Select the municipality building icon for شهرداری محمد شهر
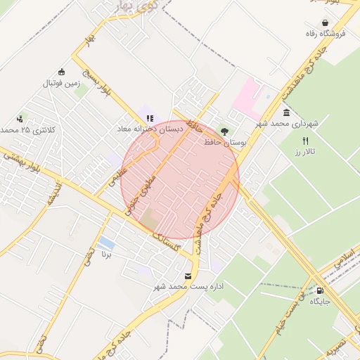[x=286, y=112]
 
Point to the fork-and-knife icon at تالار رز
[x=305, y=141]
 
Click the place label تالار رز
[x=306, y=152]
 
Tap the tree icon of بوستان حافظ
[x=224, y=131]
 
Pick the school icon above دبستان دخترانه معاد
[x=149, y=117]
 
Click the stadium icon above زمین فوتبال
[x=62, y=72]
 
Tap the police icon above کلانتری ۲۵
[x=20, y=119]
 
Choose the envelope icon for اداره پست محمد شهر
[x=187, y=276]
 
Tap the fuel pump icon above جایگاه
[x=321, y=290]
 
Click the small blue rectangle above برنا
[x=107, y=243]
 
